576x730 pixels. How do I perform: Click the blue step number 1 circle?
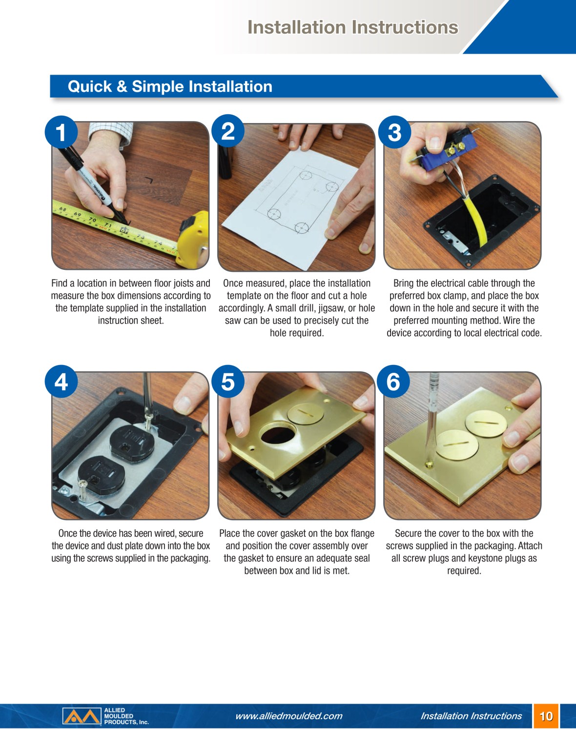[61, 132]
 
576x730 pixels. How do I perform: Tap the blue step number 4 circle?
[61, 381]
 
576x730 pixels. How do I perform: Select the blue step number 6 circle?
[393, 381]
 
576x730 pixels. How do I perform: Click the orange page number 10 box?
[546, 716]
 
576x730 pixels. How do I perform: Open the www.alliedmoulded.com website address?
[288, 716]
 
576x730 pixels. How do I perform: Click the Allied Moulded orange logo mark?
[82, 716]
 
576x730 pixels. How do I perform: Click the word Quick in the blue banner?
[90, 86]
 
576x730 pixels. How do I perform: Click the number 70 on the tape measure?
[92, 220]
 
